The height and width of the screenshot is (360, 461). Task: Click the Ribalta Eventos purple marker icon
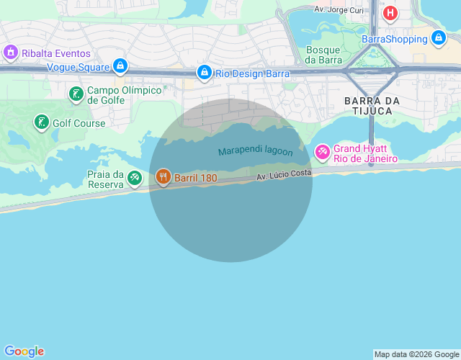point(11,53)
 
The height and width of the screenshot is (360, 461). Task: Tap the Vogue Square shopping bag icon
point(120,67)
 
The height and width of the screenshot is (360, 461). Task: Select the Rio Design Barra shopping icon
point(205,73)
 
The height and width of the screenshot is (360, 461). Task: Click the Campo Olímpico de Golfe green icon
point(76,94)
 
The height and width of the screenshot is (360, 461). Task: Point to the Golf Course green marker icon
point(42,122)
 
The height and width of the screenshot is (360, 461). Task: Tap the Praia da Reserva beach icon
point(135,178)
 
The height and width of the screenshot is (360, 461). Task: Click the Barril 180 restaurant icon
point(164,176)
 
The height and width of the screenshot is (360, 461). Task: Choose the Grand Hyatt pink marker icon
point(322,152)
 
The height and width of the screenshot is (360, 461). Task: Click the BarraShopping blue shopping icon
point(438,38)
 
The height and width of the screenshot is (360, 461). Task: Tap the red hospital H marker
point(390,13)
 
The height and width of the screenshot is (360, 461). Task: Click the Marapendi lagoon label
point(256,152)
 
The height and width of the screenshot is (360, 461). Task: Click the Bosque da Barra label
point(323,55)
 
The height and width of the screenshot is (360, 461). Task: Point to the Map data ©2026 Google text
point(416,354)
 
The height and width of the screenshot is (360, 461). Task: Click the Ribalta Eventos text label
point(56,53)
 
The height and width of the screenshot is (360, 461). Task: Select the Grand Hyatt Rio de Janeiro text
point(365,153)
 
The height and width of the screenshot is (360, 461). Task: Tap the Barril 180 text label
point(195,177)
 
